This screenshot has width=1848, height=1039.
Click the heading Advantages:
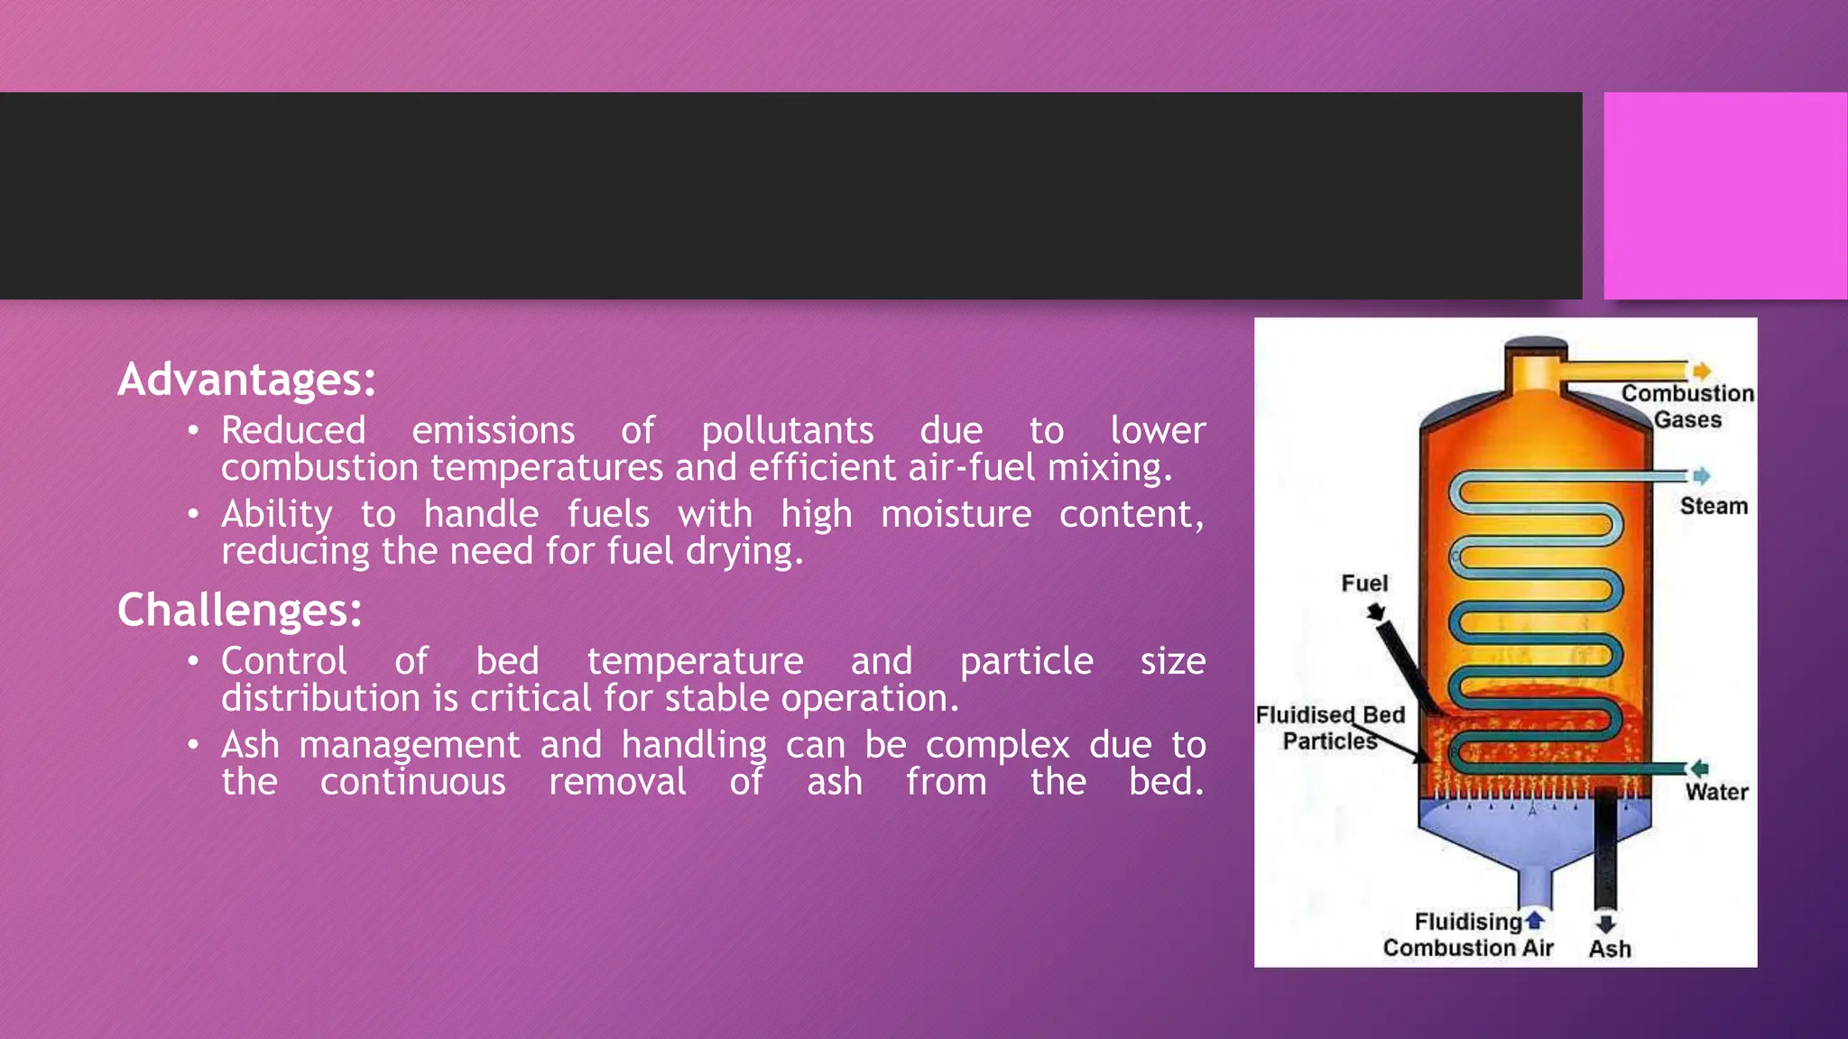[x=246, y=380]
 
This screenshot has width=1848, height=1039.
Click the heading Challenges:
[x=239, y=611]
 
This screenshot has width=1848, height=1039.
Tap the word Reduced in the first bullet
[x=293, y=431]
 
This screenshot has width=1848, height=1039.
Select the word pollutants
[x=788, y=431]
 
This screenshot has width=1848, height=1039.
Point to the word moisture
[x=956, y=514]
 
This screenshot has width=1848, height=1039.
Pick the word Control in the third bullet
[x=283, y=661]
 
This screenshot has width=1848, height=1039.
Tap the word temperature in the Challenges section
[x=695, y=661]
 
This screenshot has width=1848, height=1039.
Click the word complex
[x=997, y=745]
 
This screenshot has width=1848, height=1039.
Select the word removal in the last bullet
[x=617, y=782]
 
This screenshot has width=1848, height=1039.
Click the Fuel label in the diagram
[x=1364, y=584]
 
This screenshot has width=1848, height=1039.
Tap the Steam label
[x=1714, y=506]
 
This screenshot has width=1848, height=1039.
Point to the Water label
[x=1716, y=792]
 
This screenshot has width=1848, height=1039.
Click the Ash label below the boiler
[x=1610, y=949]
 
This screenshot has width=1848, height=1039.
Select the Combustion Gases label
[x=1687, y=406]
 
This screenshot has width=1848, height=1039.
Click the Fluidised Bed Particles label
[x=1330, y=728]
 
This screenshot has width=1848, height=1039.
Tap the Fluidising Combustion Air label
[x=1468, y=935]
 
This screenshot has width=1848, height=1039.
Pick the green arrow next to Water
[x=1699, y=768]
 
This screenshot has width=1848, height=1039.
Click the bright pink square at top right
[x=1725, y=195]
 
